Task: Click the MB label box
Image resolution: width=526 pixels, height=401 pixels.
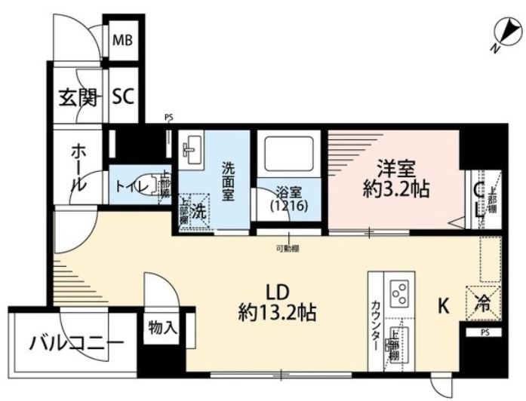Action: click(x=122, y=40)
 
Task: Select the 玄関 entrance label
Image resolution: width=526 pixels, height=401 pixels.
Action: click(x=78, y=96)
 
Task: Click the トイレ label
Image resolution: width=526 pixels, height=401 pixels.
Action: click(x=131, y=185)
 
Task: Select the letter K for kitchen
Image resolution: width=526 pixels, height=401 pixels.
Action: click(x=444, y=306)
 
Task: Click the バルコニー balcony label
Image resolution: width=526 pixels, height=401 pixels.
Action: click(x=75, y=344)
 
